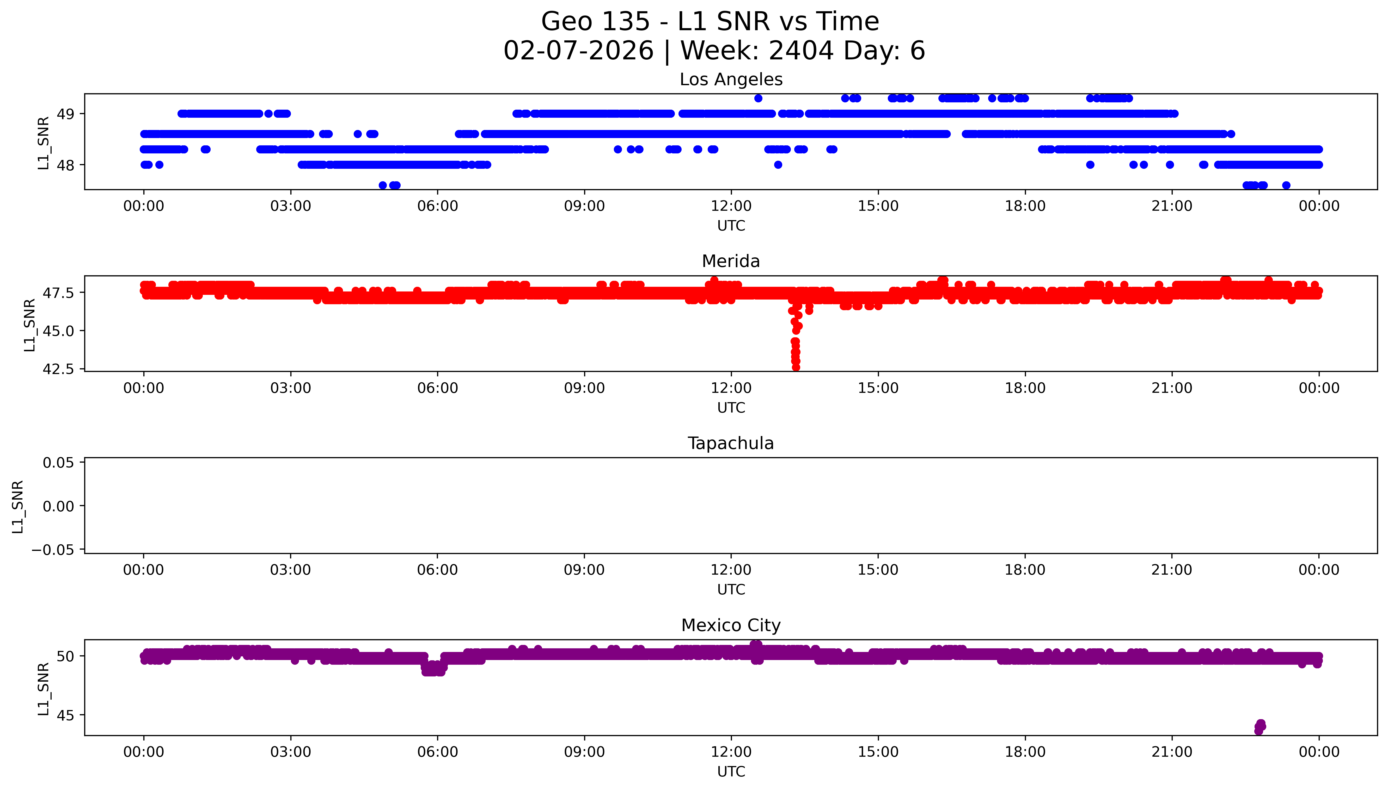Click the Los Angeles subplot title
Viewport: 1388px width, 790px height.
(731, 80)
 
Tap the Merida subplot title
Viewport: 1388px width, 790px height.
(731, 262)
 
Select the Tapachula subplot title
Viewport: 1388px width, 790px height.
(731, 443)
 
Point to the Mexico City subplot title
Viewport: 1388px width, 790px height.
(731, 626)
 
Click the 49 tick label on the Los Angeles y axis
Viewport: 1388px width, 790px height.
(66, 114)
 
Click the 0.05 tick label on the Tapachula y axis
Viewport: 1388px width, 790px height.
(59, 463)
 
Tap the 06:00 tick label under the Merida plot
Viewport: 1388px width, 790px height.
(438, 388)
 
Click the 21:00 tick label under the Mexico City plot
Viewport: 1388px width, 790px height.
(1172, 752)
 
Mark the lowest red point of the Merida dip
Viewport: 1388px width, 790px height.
(796, 367)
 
